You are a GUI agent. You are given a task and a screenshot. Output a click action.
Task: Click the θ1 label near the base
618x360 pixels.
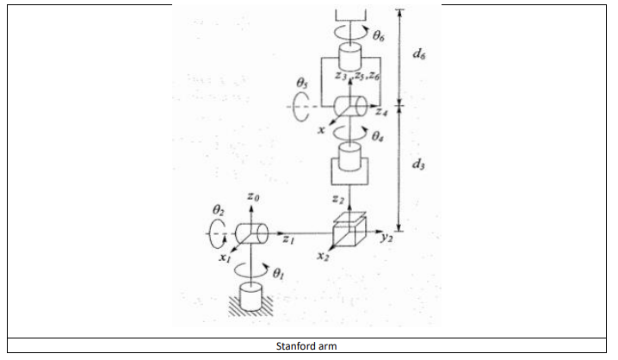[x=277, y=275]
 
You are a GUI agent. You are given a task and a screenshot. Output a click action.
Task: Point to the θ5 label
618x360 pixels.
[x=301, y=83]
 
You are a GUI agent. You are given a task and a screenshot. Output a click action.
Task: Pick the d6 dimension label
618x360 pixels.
[x=419, y=54]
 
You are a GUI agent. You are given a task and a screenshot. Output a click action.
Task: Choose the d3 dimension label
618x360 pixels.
[x=419, y=165]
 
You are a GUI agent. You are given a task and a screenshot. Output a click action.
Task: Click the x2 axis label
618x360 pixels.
[x=322, y=257]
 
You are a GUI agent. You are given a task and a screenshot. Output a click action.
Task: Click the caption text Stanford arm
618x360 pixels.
[x=307, y=345]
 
